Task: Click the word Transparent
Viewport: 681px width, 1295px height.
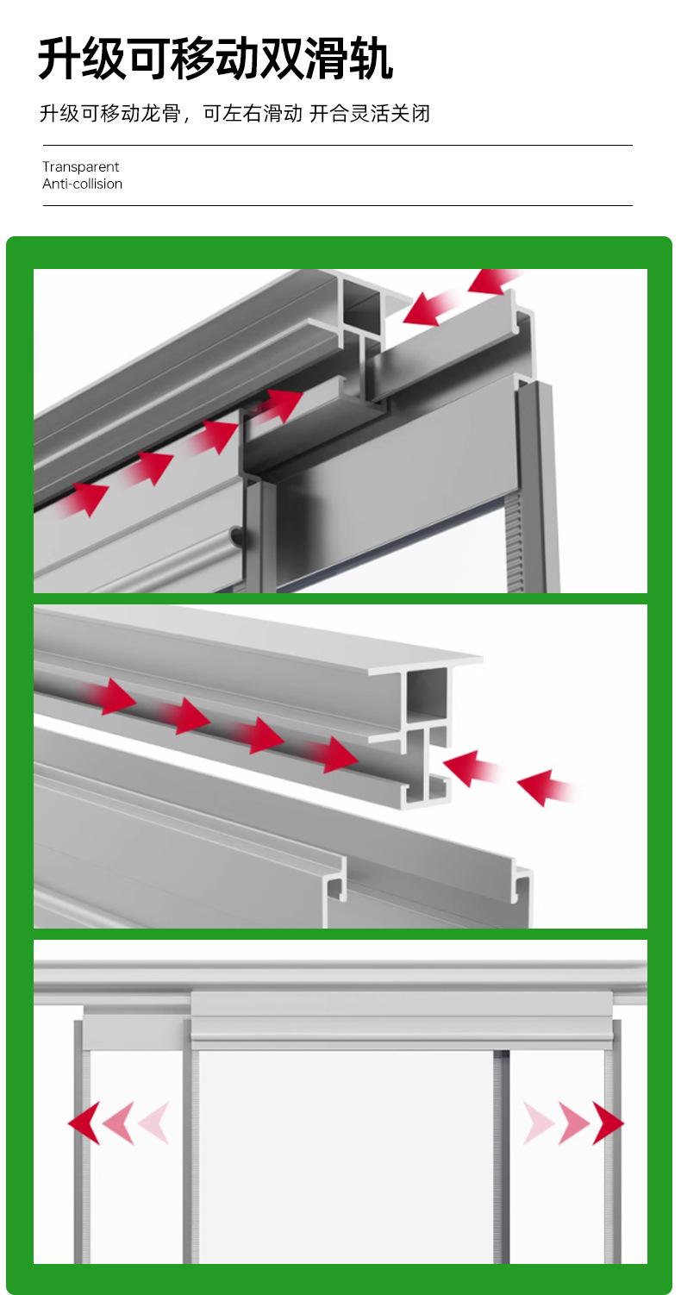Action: pos(80,167)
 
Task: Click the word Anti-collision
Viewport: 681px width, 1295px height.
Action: pos(82,184)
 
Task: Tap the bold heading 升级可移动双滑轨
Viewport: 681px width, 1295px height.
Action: pos(216,58)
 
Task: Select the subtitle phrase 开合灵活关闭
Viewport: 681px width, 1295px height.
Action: pos(370,113)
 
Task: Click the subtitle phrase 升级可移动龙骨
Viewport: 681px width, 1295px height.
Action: pos(110,113)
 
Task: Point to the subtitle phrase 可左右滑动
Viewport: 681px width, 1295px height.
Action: pos(253,113)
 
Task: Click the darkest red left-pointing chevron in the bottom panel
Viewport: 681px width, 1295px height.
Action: pos(84,1123)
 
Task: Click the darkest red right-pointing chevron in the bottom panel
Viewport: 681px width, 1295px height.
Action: pos(609,1123)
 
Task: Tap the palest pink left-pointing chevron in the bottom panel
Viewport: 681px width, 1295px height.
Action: pos(153,1123)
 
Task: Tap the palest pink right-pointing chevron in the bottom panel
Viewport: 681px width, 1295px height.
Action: pos(539,1123)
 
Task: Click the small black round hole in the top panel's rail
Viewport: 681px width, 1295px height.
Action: pos(237,536)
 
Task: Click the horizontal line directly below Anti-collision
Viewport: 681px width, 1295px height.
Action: pos(338,205)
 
